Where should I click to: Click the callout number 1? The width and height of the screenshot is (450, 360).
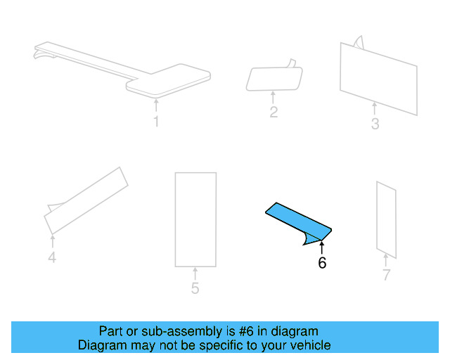pos(156,122)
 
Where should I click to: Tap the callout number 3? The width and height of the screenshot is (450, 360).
pos(375,124)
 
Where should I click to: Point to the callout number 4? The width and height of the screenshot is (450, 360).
pos(51,257)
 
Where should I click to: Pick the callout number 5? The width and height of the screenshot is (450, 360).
pos(195,288)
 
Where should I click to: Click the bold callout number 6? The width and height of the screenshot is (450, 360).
pos(322,263)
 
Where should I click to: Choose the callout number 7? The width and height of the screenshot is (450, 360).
pos(386,275)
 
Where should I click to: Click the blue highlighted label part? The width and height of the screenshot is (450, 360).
pos(295,219)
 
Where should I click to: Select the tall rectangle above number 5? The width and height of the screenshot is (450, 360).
pos(195,219)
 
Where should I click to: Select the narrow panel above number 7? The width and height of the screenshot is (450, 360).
pos(386,219)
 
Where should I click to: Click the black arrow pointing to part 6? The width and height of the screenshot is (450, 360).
pos(322,247)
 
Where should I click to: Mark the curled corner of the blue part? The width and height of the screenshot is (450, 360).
pos(307,241)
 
